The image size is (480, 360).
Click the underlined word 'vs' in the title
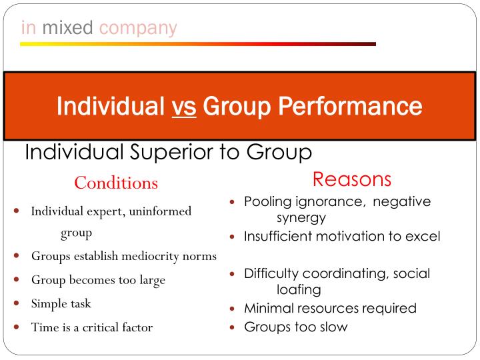tap(184, 106)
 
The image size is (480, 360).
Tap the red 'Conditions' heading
tap(116, 183)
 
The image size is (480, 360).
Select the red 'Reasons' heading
tap(351, 179)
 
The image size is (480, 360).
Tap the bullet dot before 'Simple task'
tap(17, 303)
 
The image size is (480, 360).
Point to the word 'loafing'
tap(299, 289)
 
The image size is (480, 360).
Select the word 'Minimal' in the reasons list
tap(267, 309)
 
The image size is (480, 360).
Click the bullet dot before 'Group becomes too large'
tap(17, 280)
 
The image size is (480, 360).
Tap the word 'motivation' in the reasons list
tap(346, 237)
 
